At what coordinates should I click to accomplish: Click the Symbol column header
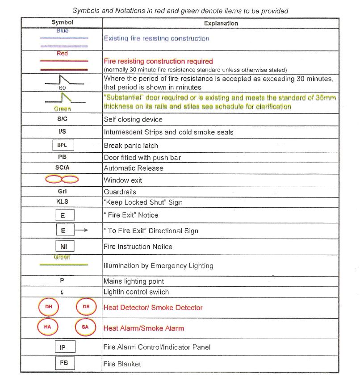click(62, 22)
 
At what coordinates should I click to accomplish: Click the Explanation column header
click(221, 23)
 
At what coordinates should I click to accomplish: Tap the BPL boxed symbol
click(62, 145)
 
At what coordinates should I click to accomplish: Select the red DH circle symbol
click(49, 307)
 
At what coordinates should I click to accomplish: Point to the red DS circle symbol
click(86, 307)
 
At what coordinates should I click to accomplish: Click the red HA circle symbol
click(48, 327)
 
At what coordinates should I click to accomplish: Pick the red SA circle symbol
click(85, 327)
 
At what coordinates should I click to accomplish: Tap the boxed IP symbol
click(63, 347)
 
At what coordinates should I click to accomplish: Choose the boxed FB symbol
click(63, 363)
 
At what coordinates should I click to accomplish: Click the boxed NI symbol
click(63, 246)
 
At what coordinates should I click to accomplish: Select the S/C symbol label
click(63, 119)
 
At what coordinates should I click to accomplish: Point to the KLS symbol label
click(63, 202)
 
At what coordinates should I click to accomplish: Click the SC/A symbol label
click(63, 168)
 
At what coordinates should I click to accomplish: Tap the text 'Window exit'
click(123, 180)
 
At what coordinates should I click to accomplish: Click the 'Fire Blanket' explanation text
click(122, 364)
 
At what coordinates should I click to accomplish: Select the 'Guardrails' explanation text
click(120, 192)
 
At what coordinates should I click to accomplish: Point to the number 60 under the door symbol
click(62, 88)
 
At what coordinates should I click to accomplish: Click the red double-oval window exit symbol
click(62, 179)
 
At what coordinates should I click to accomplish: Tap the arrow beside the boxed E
click(81, 231)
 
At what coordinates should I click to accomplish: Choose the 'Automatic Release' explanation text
click(134, 168)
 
